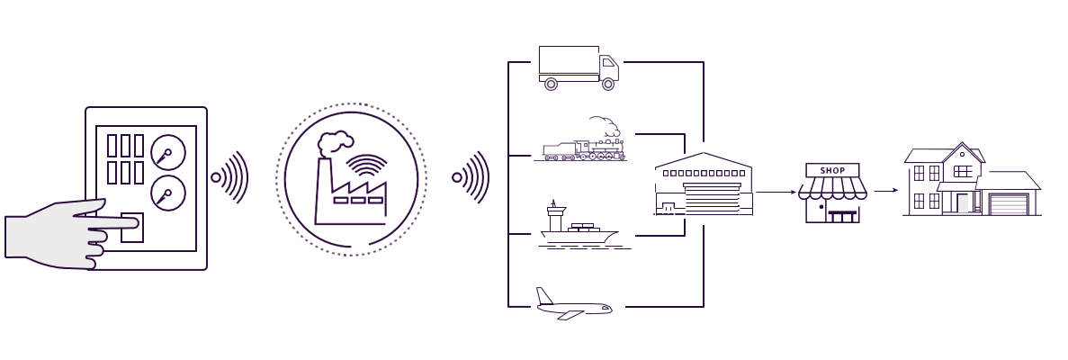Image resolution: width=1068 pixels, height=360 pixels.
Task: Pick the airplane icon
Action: (573, 306)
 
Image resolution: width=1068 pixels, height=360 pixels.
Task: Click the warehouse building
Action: (704, 185)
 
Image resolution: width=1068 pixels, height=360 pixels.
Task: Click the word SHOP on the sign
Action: (832, 169)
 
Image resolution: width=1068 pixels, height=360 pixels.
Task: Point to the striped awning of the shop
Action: (832, 189)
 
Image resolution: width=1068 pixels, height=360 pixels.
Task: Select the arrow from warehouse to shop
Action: (776, 192)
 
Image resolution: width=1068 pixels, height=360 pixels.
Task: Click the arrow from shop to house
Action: (886, 191)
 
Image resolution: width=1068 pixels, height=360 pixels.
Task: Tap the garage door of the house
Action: (1008, 204)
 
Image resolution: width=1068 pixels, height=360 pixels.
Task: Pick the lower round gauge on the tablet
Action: (167, 192)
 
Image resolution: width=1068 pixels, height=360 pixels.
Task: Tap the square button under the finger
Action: (131, 228)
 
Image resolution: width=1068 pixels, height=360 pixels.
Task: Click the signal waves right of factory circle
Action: (471, 177)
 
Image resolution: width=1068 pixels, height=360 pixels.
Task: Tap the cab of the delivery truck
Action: (609, 67)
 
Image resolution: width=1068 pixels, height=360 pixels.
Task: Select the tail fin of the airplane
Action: (543, 296)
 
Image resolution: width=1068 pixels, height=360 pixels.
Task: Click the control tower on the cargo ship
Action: (556, 215)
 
